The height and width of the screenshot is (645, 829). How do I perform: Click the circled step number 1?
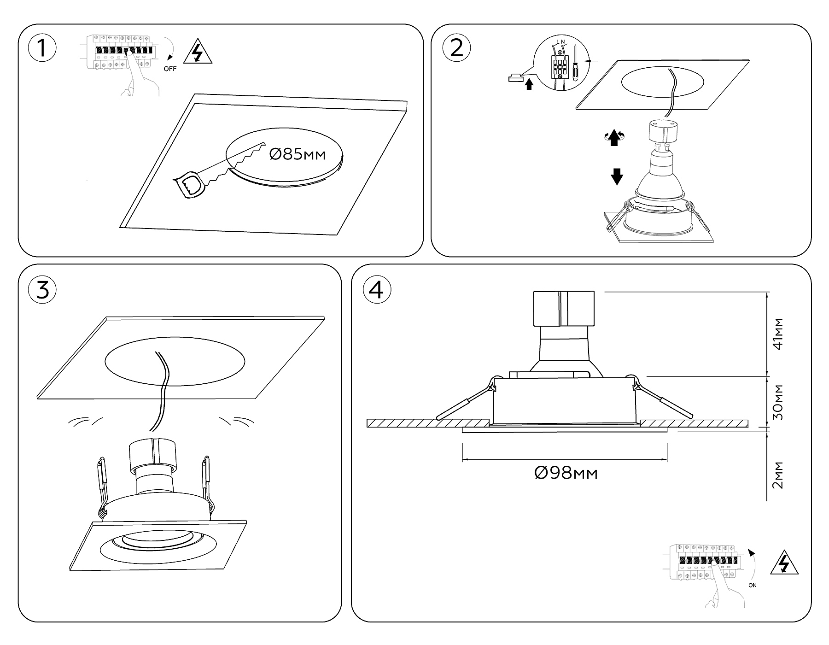coord(42,48)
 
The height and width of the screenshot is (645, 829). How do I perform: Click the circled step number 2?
coord(456,48)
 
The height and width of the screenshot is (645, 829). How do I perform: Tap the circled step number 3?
coord(42,290)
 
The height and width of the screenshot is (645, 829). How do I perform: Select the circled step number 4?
coord(377,290)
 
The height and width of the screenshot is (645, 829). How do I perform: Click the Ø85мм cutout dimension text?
coord(297,154)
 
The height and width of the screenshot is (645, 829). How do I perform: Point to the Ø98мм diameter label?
coord(566,473)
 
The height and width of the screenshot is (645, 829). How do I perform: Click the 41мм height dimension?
coord(778,334)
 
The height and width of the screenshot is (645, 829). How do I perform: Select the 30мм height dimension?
coord(778,402)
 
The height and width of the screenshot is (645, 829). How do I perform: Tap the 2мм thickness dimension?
coord(778,475)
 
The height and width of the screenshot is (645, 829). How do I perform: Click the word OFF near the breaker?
coord(170,69)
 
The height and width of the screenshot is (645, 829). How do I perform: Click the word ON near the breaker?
coord(753,586)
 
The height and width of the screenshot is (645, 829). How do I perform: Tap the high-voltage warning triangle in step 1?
coord(198,53)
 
